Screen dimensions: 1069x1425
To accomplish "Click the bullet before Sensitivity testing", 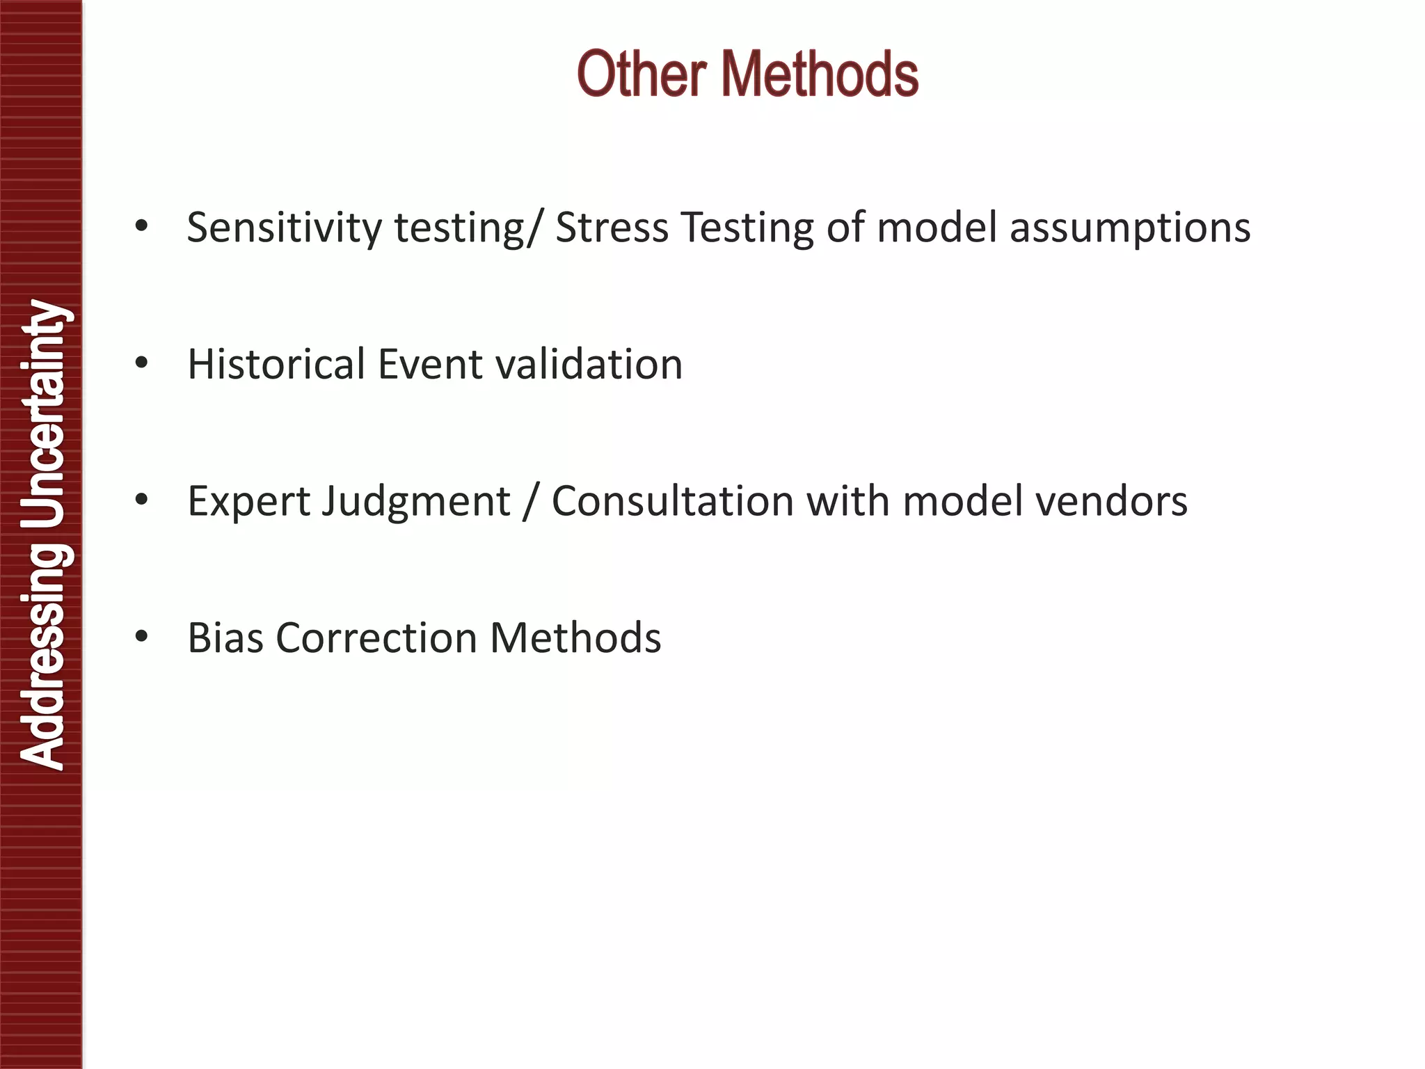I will [142, 226].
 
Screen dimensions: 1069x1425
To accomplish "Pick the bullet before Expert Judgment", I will [142, 500].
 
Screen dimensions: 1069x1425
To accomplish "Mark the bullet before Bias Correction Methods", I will [142, 637].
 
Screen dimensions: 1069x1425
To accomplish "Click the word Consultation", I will [672, 501].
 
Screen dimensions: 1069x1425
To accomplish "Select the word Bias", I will [225, 638].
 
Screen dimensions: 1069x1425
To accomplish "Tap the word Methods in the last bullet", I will [575, 638].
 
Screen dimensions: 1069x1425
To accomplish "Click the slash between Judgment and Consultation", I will [530, 501].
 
